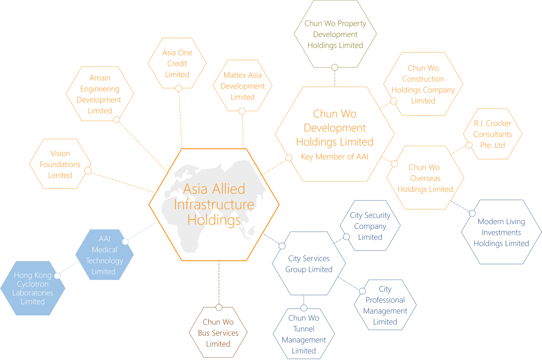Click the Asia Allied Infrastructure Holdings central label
[214, 204]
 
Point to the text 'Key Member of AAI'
[335, 156]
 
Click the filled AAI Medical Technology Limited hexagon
[104, 255]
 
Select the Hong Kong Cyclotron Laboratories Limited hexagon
[33, 288]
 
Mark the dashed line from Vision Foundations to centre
[123, 183]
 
